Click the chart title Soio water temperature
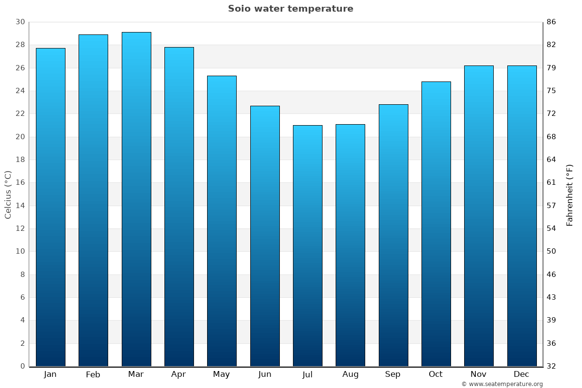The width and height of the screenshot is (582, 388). coord(291,9)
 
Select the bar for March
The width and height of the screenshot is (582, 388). coord(136,199)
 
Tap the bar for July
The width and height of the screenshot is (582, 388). coord(307,245)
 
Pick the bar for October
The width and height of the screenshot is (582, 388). coord(436,224)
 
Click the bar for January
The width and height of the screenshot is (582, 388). coord(50,207)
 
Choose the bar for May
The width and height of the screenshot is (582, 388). coord(222,221)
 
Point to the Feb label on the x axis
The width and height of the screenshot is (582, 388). coord(93,374)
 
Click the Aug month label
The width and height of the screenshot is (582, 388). coord(350,374)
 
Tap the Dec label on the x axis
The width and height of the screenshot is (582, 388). coord(521,374)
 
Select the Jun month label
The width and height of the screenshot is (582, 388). coord(265,374)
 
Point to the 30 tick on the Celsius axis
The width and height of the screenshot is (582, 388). coord(20,22)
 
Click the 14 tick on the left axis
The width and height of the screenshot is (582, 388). coord(20,206)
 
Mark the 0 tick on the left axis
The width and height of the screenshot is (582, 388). coord(22,366)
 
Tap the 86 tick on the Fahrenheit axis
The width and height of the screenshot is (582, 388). coord(551,22)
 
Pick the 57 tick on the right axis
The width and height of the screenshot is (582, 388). coord(551,206)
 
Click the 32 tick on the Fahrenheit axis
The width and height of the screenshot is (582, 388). coord(551,366)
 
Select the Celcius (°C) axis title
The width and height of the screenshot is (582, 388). coord(8,194)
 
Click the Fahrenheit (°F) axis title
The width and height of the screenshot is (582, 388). coord(569,194)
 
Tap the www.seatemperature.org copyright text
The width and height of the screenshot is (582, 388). coord(502,384)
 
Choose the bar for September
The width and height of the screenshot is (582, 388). coord(393,235)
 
